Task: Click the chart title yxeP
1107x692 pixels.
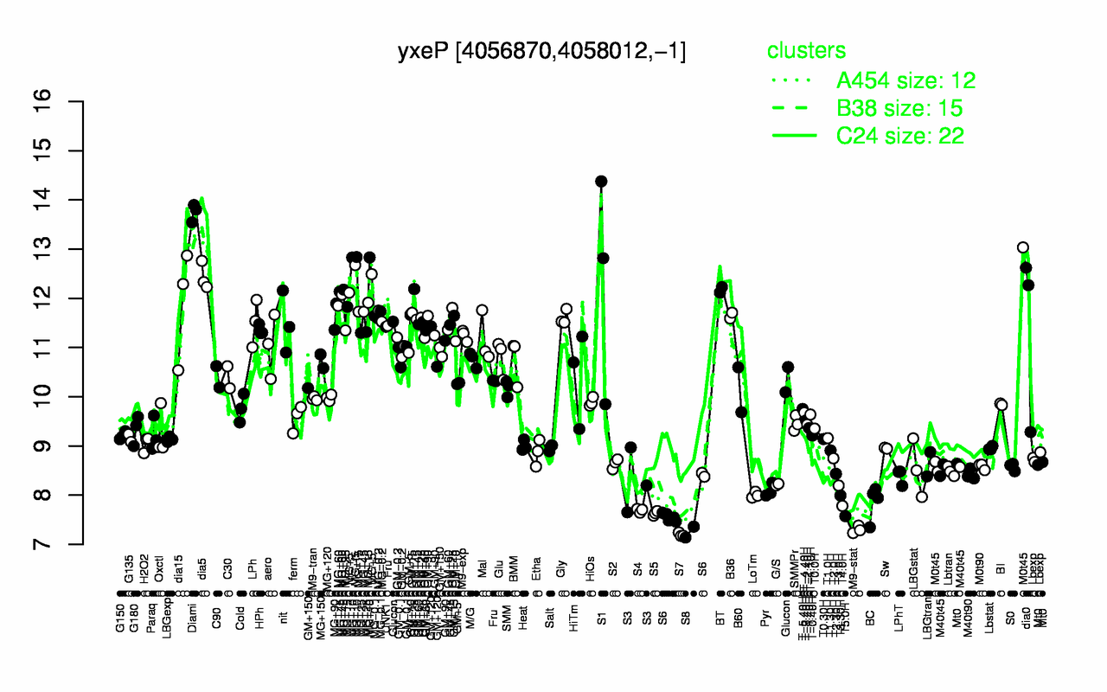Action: pos(542,51)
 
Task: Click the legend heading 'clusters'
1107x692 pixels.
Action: pos(806,51)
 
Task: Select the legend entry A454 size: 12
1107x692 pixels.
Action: pos(905,80)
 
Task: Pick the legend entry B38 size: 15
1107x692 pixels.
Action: pos(899,108)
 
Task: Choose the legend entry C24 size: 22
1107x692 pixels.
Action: pos(900,136)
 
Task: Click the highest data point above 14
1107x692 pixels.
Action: pos(601,182)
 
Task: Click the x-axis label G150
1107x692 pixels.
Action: pos(120,572)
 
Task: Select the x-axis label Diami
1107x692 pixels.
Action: pos(191,572)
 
